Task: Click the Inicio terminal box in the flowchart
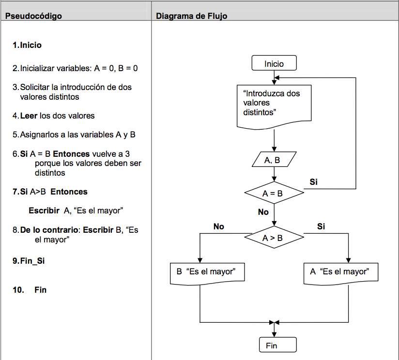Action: tap(274, 63)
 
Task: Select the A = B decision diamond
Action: tap(274, 193)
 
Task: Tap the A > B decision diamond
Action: tap(274, 238)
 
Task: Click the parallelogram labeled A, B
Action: tap(274, 160)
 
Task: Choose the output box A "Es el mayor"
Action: tap(341, 272)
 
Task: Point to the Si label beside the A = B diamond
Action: tap(314, 182)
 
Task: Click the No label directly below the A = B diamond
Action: tap(263, 212)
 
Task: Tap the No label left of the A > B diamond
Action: tap(219, 226)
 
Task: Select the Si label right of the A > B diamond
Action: tap(321, 226)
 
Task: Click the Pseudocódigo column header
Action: tap(34, 16)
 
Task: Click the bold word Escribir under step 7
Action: tap(45, 210)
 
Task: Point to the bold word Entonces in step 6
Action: tap(71, 154)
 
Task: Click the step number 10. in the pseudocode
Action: tap(18, 290)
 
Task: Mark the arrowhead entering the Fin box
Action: tap(274, 334)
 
